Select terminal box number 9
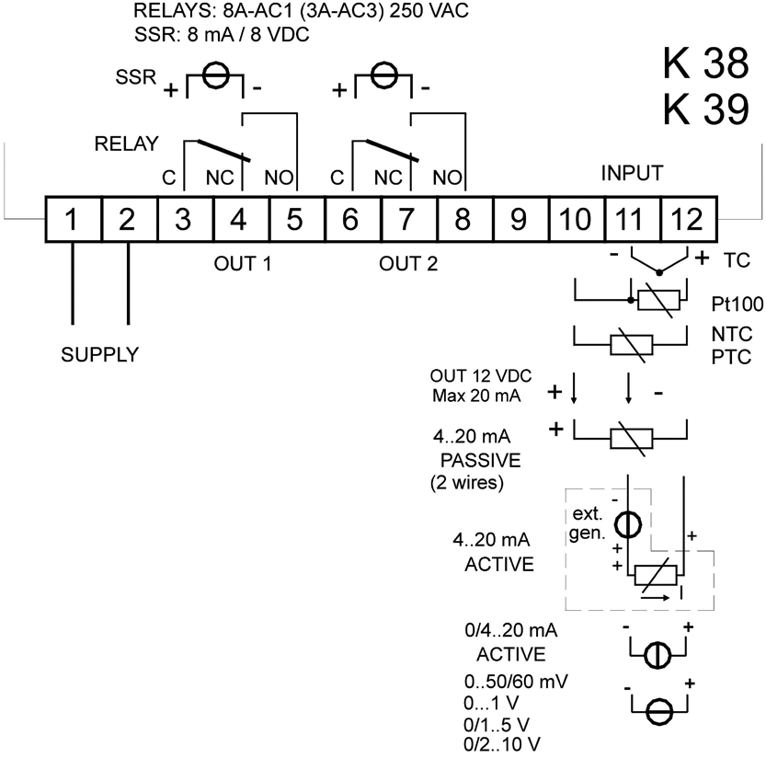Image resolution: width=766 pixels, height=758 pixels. (x=518, y=220)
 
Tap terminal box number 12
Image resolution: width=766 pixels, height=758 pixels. (x=686, y=220)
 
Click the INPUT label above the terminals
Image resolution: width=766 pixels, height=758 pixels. (x=633, y=173)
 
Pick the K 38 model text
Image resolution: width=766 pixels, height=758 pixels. (x=705, y=64)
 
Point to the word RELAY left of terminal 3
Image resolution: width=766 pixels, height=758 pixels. (x=126, y=144)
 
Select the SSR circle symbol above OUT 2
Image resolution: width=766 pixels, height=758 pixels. (x=383, y=77)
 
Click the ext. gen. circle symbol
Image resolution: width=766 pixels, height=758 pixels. (x=627, y=524)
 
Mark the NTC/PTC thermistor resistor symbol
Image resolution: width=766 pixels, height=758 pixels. (x=632, y=344)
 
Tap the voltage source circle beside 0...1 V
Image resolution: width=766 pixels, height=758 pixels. (x=659, y=709)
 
